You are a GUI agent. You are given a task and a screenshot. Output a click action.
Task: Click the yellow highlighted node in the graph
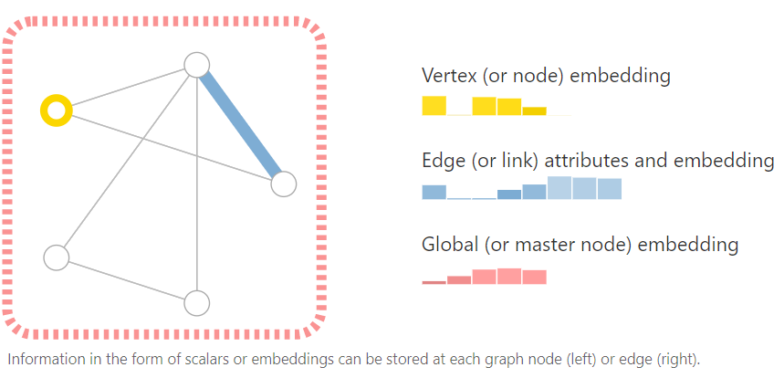coord(57,111)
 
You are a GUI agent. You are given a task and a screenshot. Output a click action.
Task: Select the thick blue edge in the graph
coord(240,124)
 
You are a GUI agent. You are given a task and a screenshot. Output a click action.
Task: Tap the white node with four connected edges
coord(197,65)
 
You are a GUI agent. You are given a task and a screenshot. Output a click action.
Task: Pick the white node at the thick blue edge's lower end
coord(284,184)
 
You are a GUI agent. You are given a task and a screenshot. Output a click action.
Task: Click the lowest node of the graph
coord(197,303)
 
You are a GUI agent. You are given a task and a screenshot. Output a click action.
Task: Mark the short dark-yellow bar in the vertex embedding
coord(534,111)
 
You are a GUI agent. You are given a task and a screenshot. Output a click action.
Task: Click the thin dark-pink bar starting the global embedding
coord(434,282)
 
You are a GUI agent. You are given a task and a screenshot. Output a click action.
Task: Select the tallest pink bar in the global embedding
coord(509,276)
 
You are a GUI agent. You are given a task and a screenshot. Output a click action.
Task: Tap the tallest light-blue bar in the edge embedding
coord(559,187)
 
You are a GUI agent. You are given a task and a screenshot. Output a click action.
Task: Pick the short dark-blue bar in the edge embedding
coord(509,194)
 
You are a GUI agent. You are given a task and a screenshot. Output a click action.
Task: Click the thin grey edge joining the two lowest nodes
coord(127,280)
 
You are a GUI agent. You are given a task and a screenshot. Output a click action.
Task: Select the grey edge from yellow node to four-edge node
coord(127,89)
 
